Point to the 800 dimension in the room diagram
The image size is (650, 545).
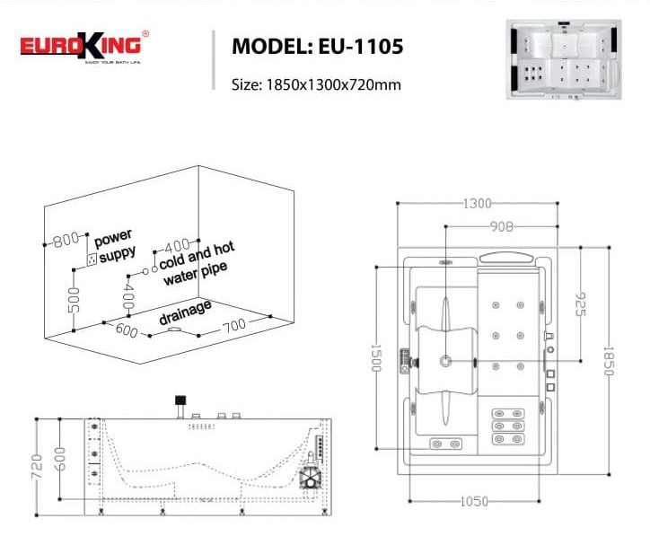coord(66,240)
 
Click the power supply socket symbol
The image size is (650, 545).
coord(91,259)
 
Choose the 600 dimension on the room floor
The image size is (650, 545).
coord(127,332)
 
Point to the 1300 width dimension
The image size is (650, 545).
coord(477,204)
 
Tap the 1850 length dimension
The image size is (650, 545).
coord(609,361)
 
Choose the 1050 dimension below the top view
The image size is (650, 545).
coord(474,500)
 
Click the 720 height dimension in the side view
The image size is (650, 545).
coord(39,466)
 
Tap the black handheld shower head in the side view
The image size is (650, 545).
coord(180,400)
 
